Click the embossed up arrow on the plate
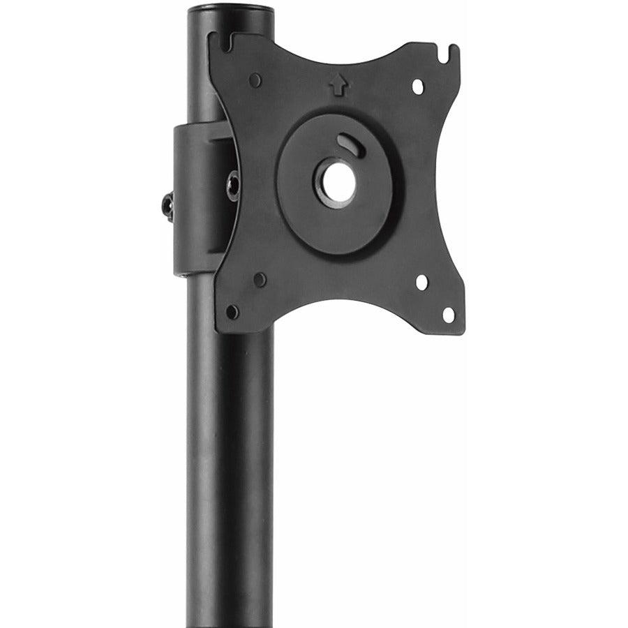click(338, 85)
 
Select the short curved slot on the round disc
click(347, 143)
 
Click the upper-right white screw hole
click(418, 87)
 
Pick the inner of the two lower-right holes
click(421, 282)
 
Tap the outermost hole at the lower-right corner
click(449, 315)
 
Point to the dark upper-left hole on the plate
click(255, 80)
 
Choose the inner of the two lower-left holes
click(260, 280)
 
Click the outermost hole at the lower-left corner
click(232, 312)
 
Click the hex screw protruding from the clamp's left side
click(167, 207)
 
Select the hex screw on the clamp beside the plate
click(233, 185)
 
